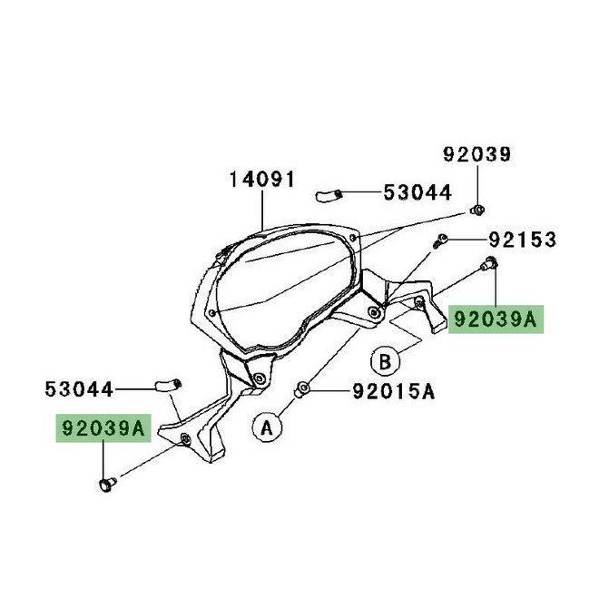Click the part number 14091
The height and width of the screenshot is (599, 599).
point(262,179)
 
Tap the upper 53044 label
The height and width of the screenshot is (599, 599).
point(417,192)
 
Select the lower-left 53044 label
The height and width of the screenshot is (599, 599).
point(79,389)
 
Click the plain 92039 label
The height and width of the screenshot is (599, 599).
point(477,154)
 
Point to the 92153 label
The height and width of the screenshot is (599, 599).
point(523,240)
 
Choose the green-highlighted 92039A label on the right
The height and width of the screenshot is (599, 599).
point(496,319)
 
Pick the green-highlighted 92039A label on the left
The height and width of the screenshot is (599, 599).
point(103,427)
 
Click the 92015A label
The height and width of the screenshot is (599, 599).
point(394,391)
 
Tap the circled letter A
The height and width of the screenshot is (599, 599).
point(267,427)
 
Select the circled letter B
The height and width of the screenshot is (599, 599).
point(385,360)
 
